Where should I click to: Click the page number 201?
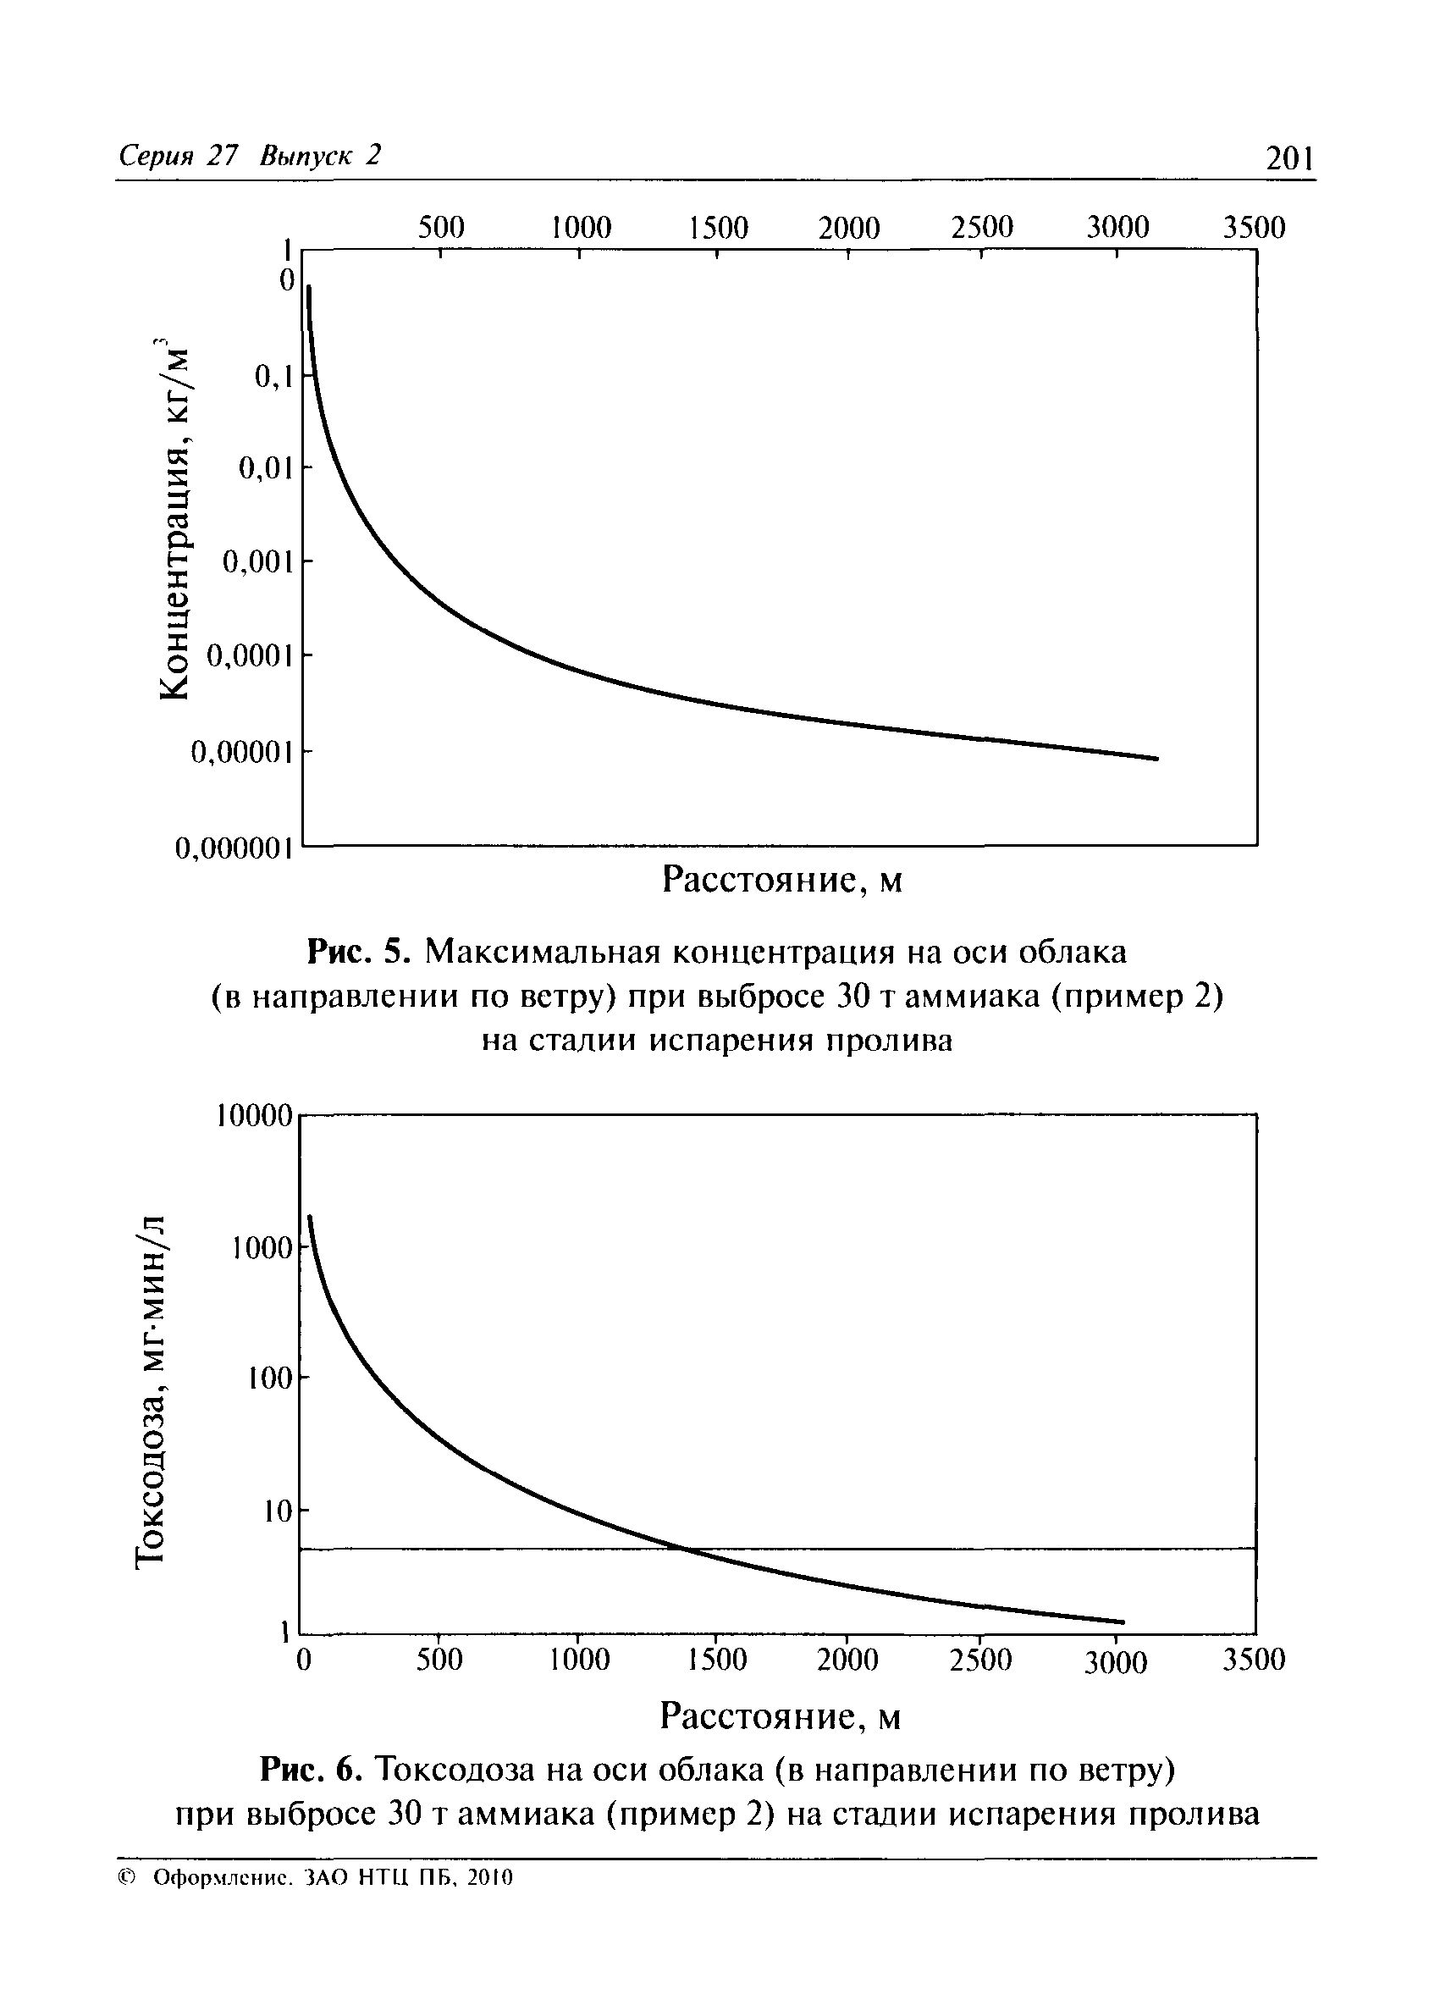point(1288,160)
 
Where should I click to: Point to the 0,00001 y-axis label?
point(240,752)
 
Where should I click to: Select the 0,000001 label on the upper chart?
point(234,848)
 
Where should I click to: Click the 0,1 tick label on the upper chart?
point(273,378)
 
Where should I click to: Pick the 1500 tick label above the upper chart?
point(718,229)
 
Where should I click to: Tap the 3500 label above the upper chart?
point(1253,229)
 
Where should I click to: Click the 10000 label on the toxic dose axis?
point(253,1116)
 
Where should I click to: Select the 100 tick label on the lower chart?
point(269,1378)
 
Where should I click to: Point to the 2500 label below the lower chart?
point(980,1660)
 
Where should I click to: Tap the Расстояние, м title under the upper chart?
point(782,880)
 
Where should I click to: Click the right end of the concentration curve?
point(1156,759)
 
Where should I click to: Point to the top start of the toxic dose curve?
point(310,1218)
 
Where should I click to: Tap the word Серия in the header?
point(154,156)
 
